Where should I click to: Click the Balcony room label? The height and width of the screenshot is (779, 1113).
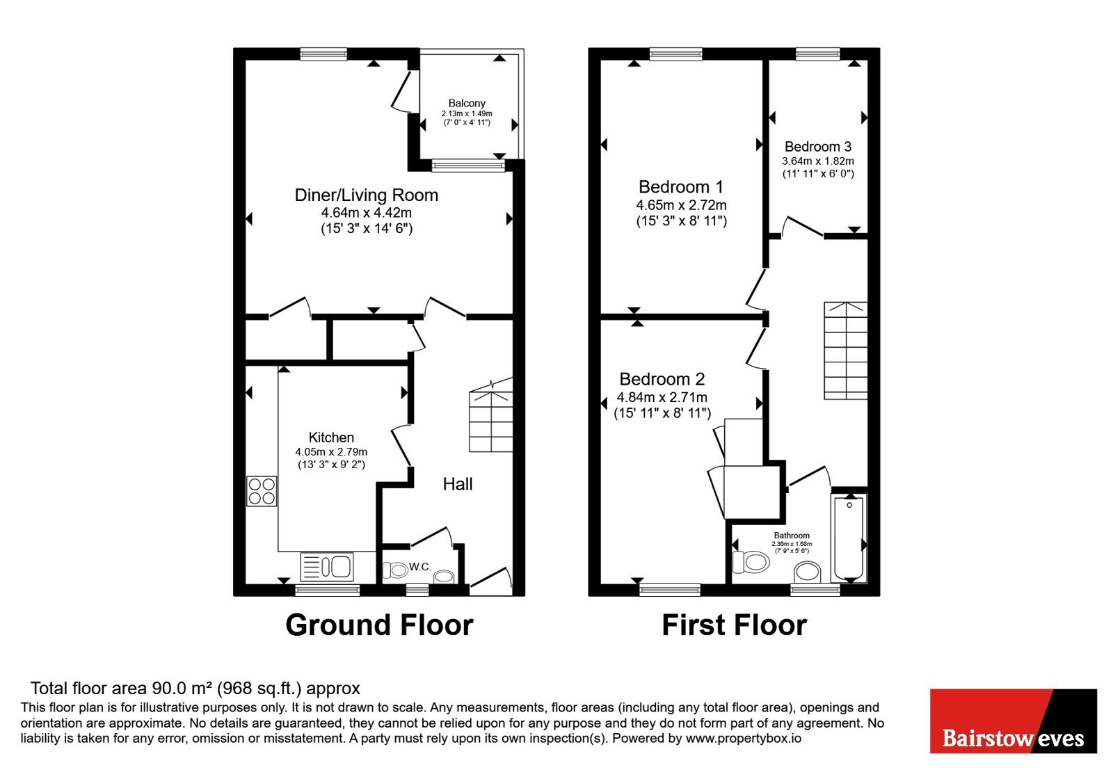pos(467,104)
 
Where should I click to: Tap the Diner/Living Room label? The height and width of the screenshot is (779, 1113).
pos(366,195)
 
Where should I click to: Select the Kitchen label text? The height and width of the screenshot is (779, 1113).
pos(331,437)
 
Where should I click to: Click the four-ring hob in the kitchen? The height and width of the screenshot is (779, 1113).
pos(262,491)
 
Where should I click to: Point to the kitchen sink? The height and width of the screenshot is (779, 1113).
pos(327,567)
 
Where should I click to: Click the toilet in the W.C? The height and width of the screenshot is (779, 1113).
pos(396,570)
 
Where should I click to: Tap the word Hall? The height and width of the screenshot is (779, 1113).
pos(458,484)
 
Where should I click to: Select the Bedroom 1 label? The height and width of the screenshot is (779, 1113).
pos(681,187)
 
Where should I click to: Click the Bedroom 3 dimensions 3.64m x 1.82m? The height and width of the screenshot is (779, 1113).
pos(818,161)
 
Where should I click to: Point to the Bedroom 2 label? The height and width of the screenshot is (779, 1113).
pos(662,379)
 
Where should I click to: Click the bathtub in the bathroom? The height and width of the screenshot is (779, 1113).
pos(849,538)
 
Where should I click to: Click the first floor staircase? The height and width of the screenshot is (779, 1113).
pos(846,351)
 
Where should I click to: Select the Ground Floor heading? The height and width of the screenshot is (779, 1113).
pos(379,625)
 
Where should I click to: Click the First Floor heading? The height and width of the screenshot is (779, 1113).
pos(735,625)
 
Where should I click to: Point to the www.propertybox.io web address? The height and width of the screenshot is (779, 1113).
pos(744,738)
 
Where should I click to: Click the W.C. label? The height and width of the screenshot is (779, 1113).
pos(420,567)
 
